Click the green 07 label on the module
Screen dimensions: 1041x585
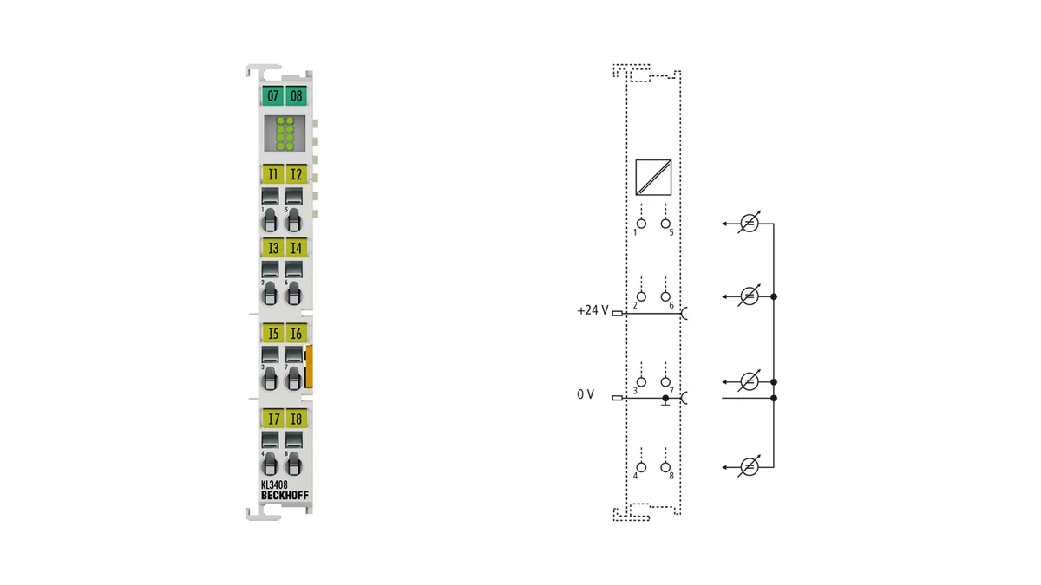[272, 95]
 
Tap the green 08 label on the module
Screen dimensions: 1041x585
[296, 95]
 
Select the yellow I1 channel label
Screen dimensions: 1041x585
[272, 174]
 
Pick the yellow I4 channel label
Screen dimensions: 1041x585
[296, 248]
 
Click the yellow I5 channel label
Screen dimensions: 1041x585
[272, 334]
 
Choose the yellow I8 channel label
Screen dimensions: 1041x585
[296, 419]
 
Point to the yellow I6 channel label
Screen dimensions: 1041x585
[296, 334]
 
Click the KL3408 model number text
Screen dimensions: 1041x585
[274, 484]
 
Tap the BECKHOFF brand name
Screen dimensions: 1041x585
[285, 496]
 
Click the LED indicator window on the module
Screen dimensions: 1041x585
[285, 133]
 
